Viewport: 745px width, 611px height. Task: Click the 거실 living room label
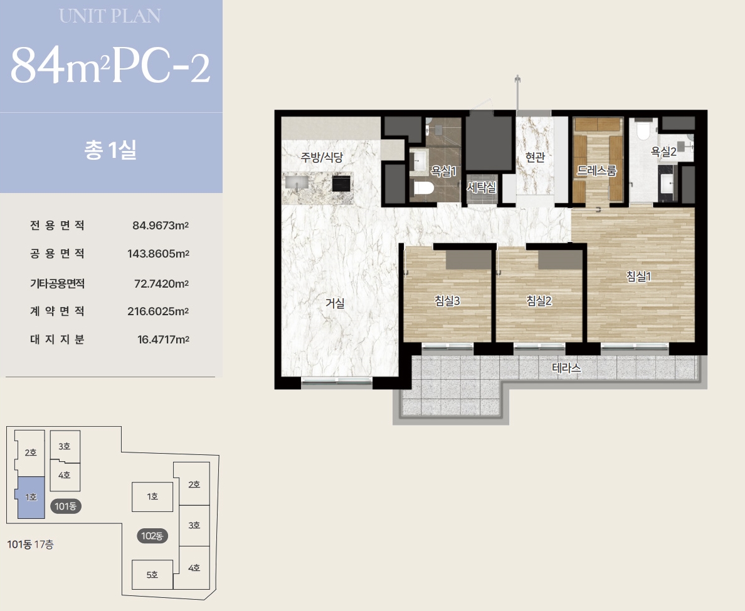(x=334, y=303)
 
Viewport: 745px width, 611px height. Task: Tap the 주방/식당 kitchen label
(x=321, y=157)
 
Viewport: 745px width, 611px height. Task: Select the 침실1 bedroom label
(x=638, y=276)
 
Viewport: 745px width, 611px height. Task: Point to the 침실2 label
(x=539, y=301)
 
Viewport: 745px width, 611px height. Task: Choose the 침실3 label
(x=447, y=301)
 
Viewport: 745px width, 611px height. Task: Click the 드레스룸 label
(x=597, y=170)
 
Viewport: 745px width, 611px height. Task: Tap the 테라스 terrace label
(x=566, y=368)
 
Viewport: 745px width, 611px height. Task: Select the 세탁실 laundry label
(x=482, y=187)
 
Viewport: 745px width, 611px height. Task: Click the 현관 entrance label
(x=535, y=157)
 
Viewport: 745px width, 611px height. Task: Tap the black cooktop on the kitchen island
(x=341, y=183)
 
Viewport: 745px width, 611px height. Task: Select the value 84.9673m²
(x=161, y=226)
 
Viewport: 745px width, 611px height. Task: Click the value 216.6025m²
(x=158, y=311)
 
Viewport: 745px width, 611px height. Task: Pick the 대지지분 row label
(x=57, y=340)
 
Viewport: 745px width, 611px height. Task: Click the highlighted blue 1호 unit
(x=31, y=497)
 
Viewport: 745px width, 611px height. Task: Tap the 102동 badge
(x=152, y=536)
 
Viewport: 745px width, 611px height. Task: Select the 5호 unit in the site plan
(x=152, y=575)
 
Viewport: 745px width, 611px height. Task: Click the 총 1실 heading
(x=110, y=150)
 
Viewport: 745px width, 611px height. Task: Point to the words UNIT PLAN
(x=110, y=16)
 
